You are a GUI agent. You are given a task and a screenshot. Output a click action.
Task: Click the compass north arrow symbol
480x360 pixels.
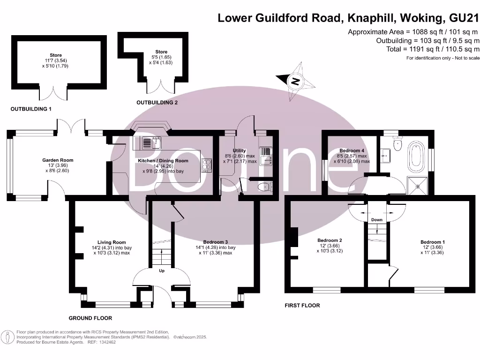295,81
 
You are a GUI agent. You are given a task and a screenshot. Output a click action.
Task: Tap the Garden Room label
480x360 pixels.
58,160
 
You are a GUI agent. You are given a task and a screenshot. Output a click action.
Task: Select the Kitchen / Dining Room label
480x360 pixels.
163,161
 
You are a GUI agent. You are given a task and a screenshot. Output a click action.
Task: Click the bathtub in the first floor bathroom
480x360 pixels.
416,157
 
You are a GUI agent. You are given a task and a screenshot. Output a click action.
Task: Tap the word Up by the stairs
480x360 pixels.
161,271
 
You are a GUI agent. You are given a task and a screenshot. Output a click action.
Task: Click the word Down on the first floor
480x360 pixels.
376,219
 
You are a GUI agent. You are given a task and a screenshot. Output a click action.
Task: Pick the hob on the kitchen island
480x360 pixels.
206,164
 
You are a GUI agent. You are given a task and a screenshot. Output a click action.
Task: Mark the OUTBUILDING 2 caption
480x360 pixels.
157,102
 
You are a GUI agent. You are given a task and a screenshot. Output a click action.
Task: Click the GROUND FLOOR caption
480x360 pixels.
90,318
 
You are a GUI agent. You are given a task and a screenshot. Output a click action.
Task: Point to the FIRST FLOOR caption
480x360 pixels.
302,305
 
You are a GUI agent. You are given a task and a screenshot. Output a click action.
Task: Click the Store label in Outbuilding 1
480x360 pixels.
56,55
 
